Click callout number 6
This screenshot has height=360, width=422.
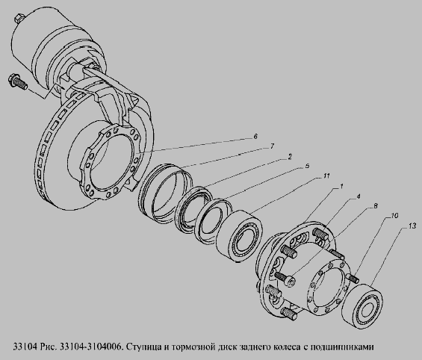[x=255, y=136]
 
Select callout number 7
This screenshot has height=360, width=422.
[x=272, y=146]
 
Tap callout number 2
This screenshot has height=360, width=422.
[x=290, y=157]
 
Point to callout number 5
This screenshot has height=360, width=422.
[x=307, y=166]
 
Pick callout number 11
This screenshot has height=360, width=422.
[x=326, y=176]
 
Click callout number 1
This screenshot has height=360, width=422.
[x=341, y=186]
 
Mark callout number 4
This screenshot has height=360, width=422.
[x=358, y=196]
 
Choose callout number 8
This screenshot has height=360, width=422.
[x=375, y=206]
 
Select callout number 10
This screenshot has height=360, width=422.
[x=394, y=216]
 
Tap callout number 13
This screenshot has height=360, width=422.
[x=412, y=226]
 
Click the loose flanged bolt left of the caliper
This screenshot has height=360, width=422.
[x=17, y=81]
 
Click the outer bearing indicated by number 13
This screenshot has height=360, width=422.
[x=362, y=306]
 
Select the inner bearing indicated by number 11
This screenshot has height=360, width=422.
[x=240, y=236]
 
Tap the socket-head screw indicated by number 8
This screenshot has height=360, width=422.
[x=285, y=279]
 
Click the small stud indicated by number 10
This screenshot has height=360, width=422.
[x=353, y=277]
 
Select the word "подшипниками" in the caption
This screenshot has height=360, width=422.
[x=342, y=347]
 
